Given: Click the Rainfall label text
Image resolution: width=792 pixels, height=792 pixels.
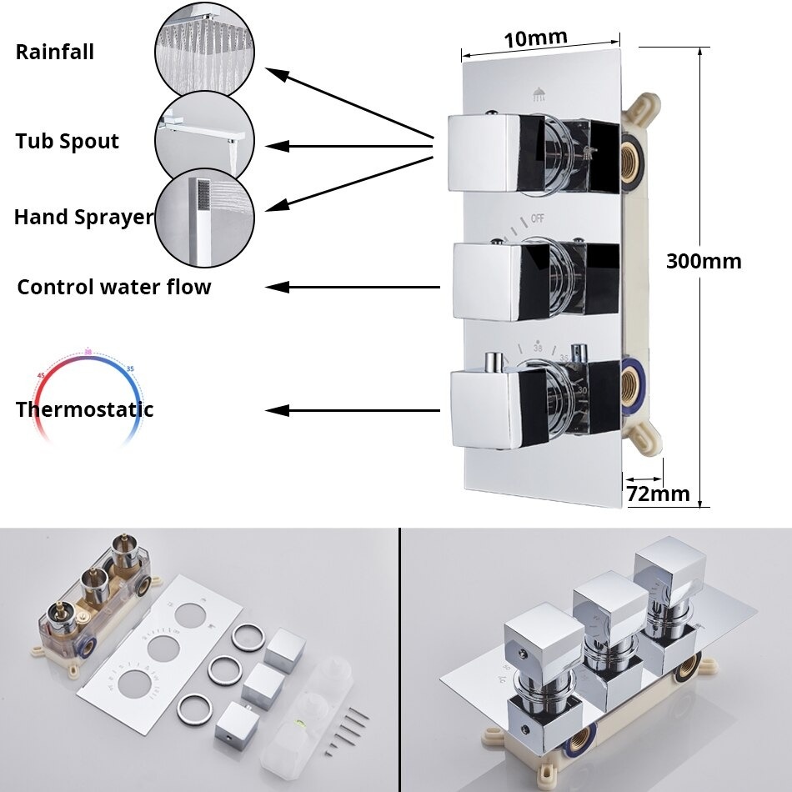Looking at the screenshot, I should [x=55, y=53].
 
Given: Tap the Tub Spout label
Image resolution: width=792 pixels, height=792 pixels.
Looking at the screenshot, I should [x=68, y=142].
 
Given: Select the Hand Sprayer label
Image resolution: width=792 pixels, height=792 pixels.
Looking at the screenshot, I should [x=83, y=218].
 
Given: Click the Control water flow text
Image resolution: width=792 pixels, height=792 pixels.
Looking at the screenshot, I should [x=114, y=288].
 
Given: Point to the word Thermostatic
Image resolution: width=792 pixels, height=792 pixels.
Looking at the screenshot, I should [x=84, y=410].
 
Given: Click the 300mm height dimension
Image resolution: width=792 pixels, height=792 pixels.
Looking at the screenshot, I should [x=703, y=261].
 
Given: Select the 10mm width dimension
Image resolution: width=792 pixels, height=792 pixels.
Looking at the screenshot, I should [x=535, y=38].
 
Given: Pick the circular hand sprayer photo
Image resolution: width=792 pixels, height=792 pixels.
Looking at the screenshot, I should [x=203, y=218].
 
